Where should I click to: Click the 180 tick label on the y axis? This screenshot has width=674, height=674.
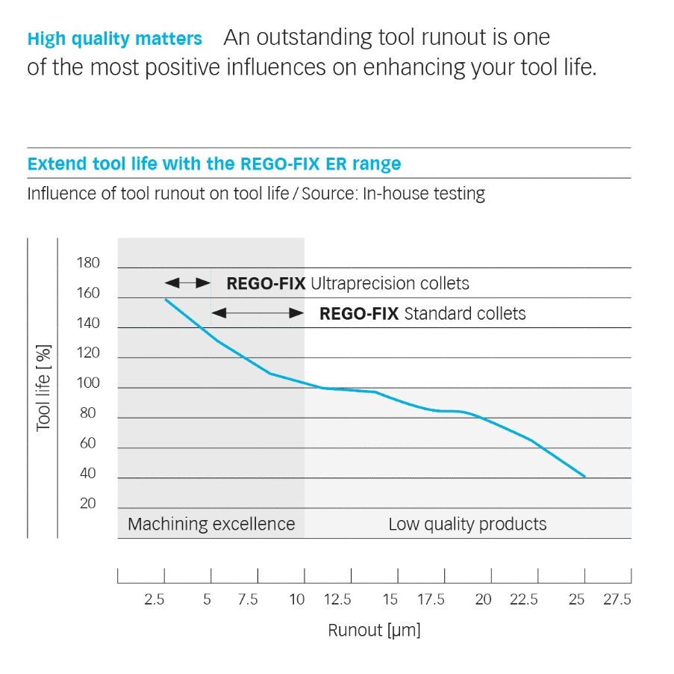87,263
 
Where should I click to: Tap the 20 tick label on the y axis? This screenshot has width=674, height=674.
87,504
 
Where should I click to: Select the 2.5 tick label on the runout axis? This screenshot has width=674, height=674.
155,599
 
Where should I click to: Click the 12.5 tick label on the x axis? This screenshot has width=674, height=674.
337,599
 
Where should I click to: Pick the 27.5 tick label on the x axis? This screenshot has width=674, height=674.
617,599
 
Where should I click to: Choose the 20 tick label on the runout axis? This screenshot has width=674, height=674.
484,599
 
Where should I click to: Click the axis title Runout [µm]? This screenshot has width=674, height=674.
374,630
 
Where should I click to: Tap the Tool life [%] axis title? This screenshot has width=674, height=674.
43,387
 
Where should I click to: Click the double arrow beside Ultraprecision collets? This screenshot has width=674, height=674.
188,283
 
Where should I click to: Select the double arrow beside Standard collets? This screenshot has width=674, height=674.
258,313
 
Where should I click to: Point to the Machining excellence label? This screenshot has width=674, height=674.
211,524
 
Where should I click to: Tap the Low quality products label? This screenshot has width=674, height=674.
467,524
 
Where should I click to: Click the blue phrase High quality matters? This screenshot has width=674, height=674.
114,38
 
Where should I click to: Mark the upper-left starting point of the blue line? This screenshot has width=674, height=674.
165,299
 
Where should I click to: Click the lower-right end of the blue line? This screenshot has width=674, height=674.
585,477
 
